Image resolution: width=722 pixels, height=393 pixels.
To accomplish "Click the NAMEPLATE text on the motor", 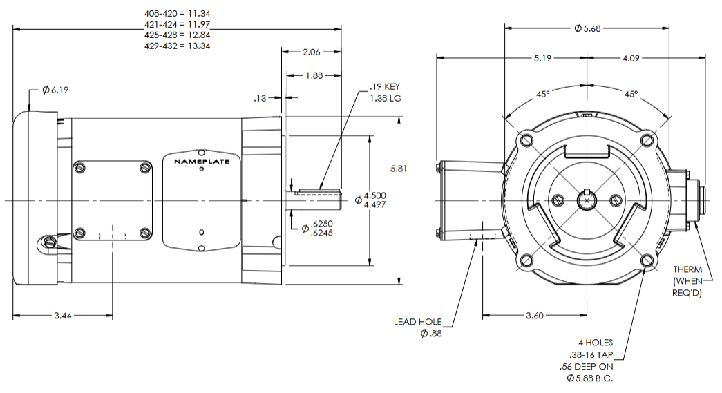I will click(202, 162).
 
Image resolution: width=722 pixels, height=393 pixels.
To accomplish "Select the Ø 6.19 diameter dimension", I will click(55, 90).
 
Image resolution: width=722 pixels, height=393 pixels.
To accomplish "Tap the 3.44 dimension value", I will click(63, 315).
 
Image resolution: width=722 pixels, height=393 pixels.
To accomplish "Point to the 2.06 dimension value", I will click(312, 52).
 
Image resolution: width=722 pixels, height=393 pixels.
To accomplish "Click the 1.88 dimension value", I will click(314, 76).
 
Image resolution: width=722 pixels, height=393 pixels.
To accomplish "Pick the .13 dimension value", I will click(260, 98).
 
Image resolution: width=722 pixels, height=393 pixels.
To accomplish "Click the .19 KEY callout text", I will click(385, 87).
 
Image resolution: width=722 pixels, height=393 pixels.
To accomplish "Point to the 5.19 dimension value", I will click(542, 59).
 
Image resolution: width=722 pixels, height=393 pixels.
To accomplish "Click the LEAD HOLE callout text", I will click(417, 322).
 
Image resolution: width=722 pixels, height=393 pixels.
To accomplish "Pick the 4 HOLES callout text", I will click(596, 343).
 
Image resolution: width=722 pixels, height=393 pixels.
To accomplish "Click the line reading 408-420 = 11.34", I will click(176, 14).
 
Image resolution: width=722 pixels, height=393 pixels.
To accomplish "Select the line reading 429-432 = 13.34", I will click(176, 45).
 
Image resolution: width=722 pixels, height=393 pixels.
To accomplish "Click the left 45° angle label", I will click(544, 94).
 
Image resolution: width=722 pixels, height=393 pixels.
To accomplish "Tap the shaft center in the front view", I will click(587, 200).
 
